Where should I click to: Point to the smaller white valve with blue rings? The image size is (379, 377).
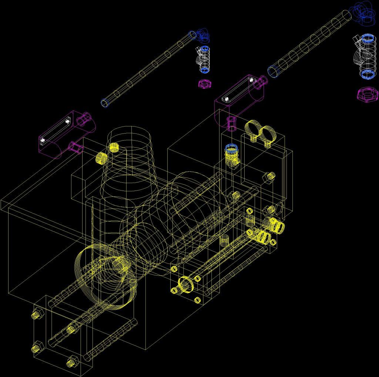click(204, 59)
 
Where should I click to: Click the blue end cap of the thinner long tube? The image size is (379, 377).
click(105, 102)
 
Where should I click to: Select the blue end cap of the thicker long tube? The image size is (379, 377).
click(273, 72)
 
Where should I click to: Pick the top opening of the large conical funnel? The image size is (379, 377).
click(129, 135)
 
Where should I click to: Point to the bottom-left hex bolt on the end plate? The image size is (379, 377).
click(37, 348)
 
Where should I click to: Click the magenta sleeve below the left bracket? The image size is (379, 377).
click(76, 147)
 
